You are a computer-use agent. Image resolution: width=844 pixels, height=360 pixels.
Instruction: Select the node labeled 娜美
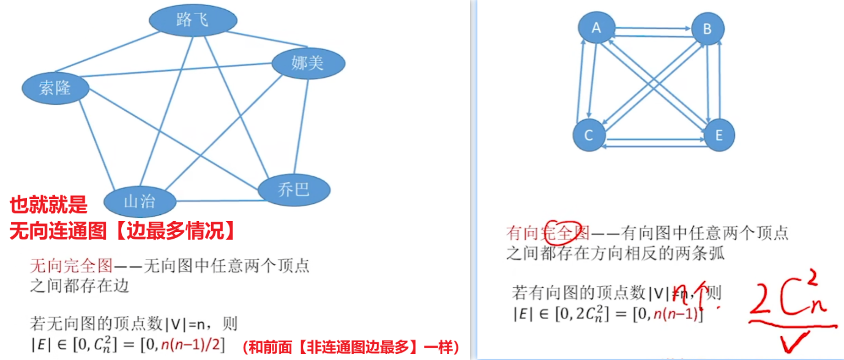click(x=308, y=63)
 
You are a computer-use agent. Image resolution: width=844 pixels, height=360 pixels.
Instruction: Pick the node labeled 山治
click(x=140, y=201)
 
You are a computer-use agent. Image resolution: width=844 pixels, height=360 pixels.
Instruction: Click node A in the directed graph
click(x=596, y=28)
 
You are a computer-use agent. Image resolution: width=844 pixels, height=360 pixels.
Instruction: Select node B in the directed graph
click(x=708, y=28)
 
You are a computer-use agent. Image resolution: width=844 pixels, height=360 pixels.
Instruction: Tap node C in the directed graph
click(x=589, y=135)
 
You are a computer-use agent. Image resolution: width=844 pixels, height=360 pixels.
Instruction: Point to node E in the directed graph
click(x=719, y=135)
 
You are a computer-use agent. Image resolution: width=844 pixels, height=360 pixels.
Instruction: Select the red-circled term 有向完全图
click(x=547, y=233)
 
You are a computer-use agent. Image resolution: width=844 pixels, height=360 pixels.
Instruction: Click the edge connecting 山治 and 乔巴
click(x=217, y=201)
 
